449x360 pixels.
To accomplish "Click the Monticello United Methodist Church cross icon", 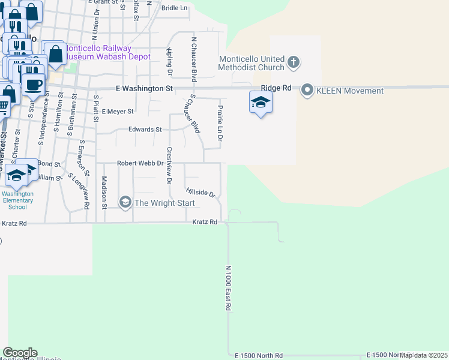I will click(x=294, y=62).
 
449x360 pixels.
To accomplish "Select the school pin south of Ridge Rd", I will click(x=260, y=102).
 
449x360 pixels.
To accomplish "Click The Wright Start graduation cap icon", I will click(x=125, y=203).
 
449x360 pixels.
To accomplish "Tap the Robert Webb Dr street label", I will click(x=140, y=163).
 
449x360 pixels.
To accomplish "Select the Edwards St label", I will click(x=145, y=130).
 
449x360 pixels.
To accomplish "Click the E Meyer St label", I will click(x=118, y=112).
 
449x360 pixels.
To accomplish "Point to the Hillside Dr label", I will click(x=200, y=192).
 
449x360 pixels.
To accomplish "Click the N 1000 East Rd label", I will click(x=229, y=288).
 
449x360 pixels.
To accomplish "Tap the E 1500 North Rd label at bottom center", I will click(x=259, y=356).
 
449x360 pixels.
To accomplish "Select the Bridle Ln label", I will click(x=175, y=8).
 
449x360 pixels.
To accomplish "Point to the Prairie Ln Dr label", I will click(x=220, y=122).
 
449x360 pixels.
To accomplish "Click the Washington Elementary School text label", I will click(x=17, y=200).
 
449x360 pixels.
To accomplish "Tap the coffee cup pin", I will click(x=33, y=84).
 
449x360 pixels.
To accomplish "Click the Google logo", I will click(x=20, y=353).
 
